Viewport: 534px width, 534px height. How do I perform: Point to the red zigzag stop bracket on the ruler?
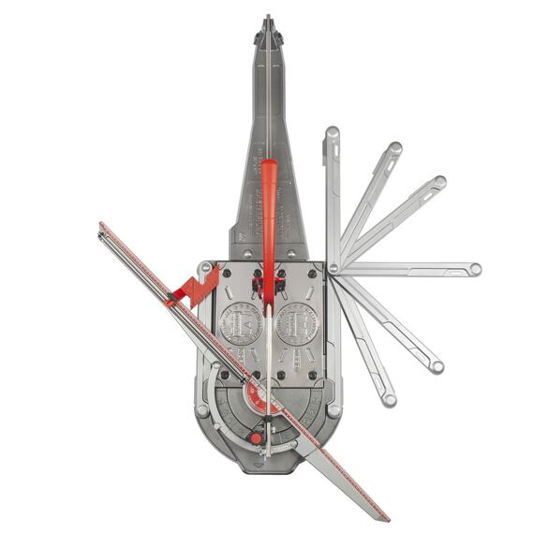(196, 288)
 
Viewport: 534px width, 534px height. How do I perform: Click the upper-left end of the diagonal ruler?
(101, 226)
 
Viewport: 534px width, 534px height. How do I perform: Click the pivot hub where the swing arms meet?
(333, 269)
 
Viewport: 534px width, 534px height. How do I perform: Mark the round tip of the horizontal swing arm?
(475, 269)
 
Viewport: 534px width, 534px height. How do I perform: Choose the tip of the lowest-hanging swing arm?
(389, 400)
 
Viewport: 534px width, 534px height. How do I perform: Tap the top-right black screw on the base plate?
(312, 274)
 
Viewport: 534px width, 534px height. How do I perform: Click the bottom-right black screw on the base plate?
(312, 378)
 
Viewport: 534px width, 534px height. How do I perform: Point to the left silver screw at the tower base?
(245, 254)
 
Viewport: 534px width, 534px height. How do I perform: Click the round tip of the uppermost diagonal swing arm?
(395, 148)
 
